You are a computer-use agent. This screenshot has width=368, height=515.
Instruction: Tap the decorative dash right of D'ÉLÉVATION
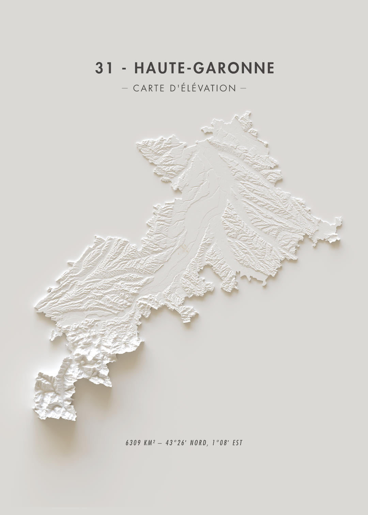243,88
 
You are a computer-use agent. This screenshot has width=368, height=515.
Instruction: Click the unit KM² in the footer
149,443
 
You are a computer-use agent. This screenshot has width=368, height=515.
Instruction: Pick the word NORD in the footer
198,443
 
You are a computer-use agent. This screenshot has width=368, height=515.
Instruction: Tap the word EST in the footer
237,443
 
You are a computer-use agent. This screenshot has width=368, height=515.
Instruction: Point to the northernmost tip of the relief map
248,111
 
